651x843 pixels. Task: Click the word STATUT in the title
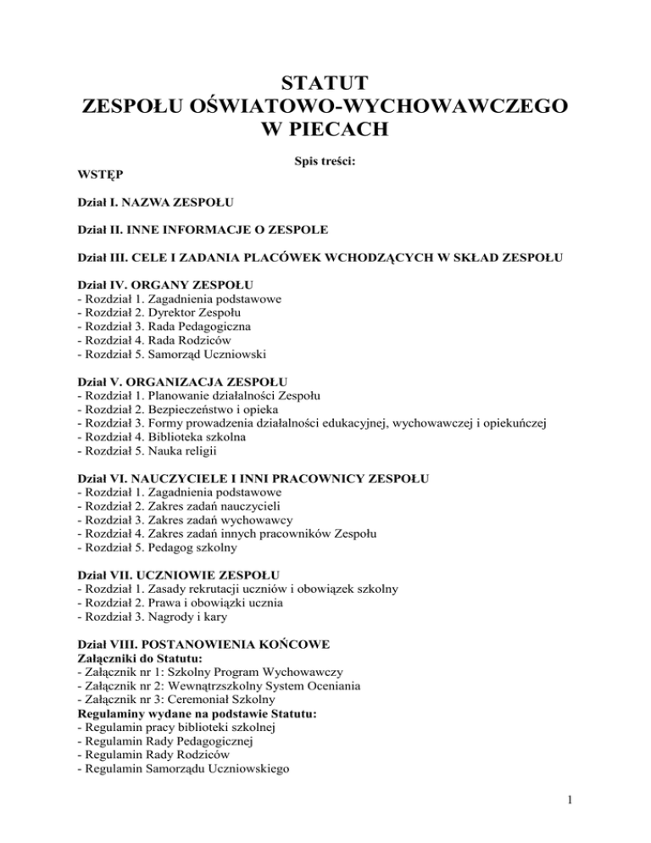pos(325,83)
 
